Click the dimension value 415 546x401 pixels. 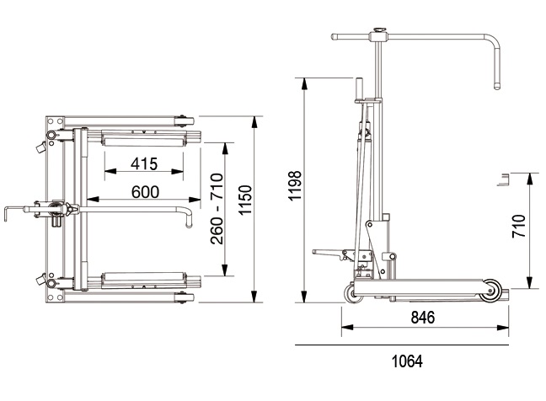(x=144, y=163)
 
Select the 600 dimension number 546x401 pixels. (x=146, y=192)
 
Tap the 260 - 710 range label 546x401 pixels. (x=217, y=209)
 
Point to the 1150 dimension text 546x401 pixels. (x=245, y=200)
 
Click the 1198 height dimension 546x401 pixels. (x=295, y=185)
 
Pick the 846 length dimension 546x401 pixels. (x=423, y=318)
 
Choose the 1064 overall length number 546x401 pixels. (x=407, y=361)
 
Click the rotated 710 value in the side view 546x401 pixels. (x=519, y=227)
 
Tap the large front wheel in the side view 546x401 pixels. (x=490, y=291)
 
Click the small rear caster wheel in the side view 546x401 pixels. (x=353, y=293)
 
